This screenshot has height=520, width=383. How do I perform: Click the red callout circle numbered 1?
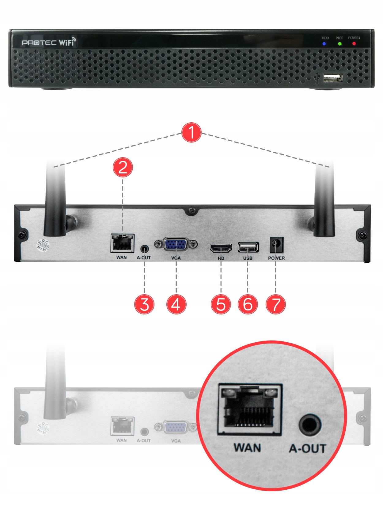(x=191, y=132)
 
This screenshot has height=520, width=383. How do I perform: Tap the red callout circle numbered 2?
(x=123, y=167)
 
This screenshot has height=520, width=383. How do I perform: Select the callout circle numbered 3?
(x=144, y=304)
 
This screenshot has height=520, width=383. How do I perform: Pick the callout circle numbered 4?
(x=176, y=304)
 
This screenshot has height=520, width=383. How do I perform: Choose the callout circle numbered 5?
(x=221, y=304)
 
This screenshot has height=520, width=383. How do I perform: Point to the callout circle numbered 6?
(x=248, y=304)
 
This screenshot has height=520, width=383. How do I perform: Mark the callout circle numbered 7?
(x=276, y=304)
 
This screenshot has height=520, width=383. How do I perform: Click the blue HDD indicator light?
(x=324, y=44)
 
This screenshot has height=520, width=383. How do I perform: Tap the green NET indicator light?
(x=340, y=44)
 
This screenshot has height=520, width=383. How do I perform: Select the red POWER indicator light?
(x=354, y=44)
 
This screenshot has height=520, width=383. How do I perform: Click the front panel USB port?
(x=333, y=78)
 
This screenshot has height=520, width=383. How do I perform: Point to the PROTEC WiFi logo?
(x=48, y=42)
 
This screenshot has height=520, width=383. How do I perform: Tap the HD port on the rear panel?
(x=221, y=248)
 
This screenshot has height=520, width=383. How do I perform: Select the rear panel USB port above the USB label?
(x=248, y=247)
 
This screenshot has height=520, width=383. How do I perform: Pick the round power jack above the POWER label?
(x=275, y=244)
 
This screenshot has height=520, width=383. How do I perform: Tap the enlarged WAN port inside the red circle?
(x=250, y=409)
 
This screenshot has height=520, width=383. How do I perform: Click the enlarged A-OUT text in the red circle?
(x=307, y=449)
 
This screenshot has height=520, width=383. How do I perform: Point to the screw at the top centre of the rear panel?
(x=192, y=211)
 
